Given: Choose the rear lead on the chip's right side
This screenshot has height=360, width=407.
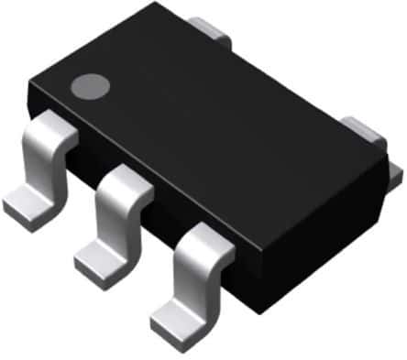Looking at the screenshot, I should click(x=366, y=129).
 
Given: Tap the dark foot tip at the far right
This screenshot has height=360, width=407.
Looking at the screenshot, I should click(x=395, y=172).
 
